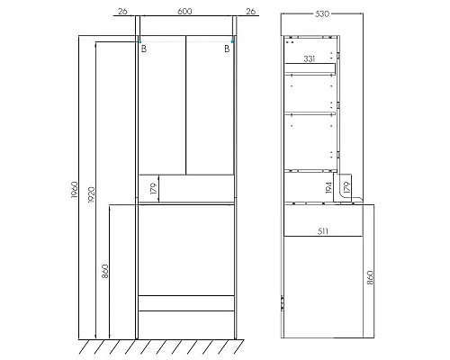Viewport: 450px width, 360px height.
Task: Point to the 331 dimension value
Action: coord(309,59)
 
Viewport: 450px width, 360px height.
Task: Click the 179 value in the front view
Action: coord(153,189)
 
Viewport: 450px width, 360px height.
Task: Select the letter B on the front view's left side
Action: coord(143,50)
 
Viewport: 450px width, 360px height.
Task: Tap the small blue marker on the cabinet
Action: coord(233,40)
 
